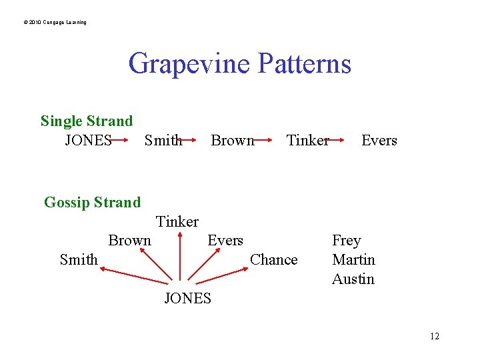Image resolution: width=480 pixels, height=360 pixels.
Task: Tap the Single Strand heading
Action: tap(87, 121)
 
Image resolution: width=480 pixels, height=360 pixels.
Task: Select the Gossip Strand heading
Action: tap(92, 202)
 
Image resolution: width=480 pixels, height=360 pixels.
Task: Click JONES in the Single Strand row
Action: tap(88, 141)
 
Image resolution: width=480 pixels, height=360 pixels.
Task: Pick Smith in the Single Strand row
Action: tap(163, 141)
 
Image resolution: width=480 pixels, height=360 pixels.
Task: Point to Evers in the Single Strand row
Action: tap(379, 141)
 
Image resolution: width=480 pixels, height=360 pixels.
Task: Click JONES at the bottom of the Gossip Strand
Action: tap(187, 299)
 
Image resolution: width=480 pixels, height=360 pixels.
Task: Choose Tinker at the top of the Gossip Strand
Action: tap(177, 221)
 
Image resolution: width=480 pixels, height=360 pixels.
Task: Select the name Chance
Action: tap(273, 260)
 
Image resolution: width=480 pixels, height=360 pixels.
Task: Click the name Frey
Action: tap(346, 241)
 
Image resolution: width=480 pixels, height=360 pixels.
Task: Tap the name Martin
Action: tap(353, 260)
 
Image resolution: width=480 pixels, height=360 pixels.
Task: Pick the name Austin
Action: tap(353, 279)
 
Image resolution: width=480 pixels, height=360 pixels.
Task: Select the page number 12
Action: tap(435, 336)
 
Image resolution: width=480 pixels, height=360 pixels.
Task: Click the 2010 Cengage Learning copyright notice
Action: tap(55, 23)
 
